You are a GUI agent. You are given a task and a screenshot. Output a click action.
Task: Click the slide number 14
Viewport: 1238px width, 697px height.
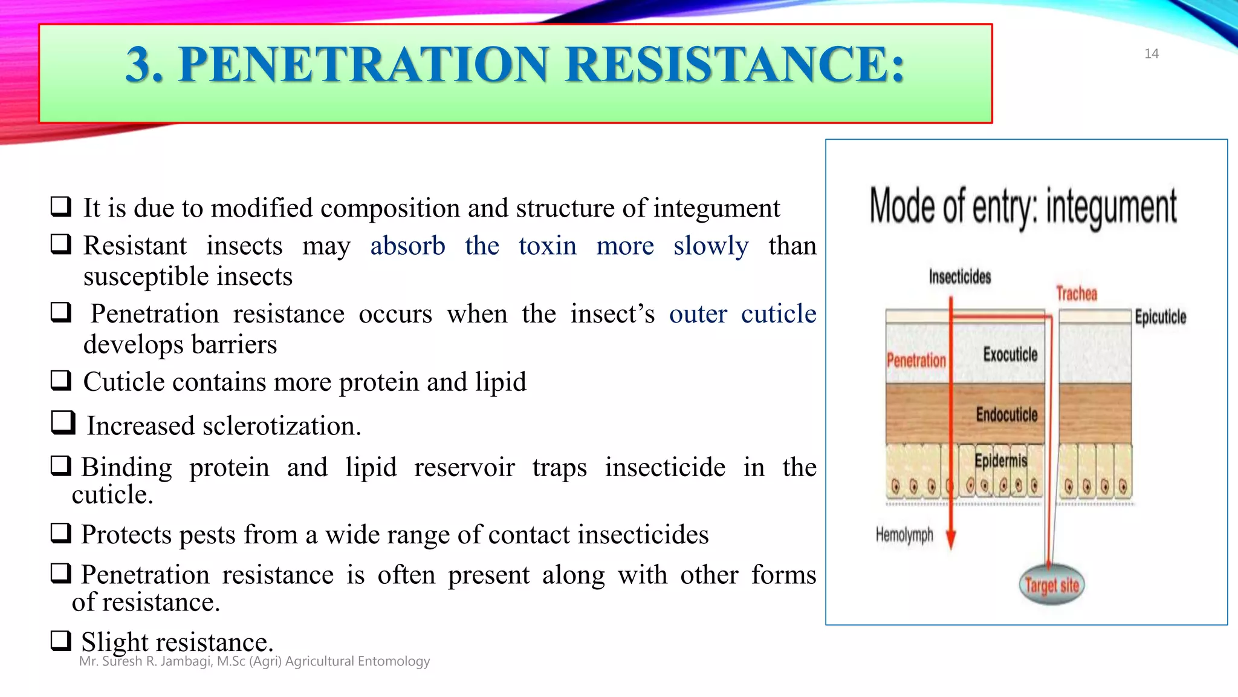tap(1151, 54)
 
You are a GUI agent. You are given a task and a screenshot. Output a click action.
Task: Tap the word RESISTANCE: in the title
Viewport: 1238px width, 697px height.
tap(735, 65)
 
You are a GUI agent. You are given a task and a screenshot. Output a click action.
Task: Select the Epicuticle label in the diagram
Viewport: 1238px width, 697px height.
tap(1160, 317)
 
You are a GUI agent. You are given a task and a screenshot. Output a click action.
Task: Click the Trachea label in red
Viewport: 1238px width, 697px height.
tap(1076, 294)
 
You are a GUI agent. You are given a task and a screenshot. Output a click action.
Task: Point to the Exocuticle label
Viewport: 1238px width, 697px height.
tap(1010, 355)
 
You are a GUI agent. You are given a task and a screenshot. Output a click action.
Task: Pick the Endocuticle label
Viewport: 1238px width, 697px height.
tap(1006, 414)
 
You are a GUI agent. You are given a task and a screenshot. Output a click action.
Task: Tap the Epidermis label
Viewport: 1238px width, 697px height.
tap(1000, 461)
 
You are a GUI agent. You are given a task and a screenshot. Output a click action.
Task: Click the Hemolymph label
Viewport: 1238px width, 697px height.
tap(904, 535)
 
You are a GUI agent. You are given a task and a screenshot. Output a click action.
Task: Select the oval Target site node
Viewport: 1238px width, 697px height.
tap(1052, 585)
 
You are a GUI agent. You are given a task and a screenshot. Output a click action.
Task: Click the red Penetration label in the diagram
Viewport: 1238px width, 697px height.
tap(916, 361)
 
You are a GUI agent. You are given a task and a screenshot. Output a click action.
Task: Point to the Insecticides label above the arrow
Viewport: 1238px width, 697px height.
tap(960, 277)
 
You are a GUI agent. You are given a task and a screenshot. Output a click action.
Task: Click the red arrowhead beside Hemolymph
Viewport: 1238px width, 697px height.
tap(951, 538)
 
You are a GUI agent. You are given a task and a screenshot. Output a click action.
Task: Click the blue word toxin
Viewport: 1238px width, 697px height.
tap(547, 246)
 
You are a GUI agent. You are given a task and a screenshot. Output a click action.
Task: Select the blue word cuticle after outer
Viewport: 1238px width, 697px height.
tap(779, 314)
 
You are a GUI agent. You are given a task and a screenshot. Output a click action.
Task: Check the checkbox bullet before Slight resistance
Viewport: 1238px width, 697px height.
tap(61, 640)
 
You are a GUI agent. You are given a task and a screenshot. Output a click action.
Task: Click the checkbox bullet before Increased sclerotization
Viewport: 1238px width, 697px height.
tap(63, 422)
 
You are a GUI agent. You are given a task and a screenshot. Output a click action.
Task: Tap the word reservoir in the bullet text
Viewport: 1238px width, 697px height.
tap(464, 468)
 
